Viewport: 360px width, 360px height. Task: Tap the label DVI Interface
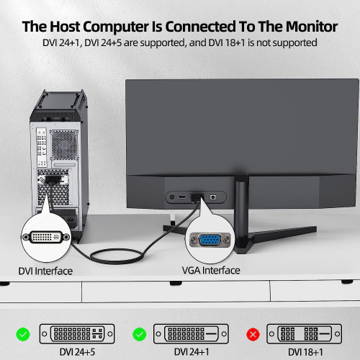(45, 271)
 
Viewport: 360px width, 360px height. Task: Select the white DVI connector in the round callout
(46, 237)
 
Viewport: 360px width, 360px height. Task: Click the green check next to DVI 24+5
(24, 334)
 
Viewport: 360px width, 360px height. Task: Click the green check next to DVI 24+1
(139, 334)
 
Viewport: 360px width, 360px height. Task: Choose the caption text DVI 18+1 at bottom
(305, 352)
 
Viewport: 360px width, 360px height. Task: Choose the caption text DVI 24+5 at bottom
(78, 352)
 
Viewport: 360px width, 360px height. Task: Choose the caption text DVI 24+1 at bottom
(192, 352)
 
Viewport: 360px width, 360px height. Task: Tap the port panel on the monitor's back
(197, 197)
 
